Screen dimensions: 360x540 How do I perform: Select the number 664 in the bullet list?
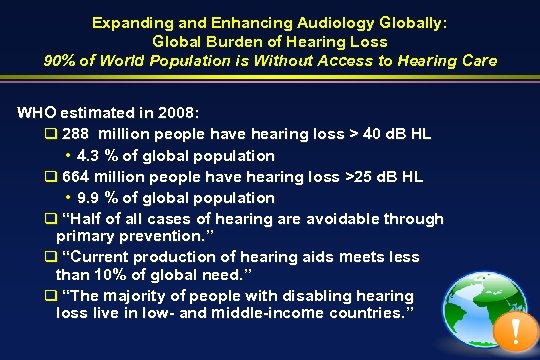[76, 176]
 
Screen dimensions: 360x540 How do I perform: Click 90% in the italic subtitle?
[60, 60]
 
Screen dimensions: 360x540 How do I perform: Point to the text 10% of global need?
[166, 274]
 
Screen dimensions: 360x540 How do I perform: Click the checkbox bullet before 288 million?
[51, 135]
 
